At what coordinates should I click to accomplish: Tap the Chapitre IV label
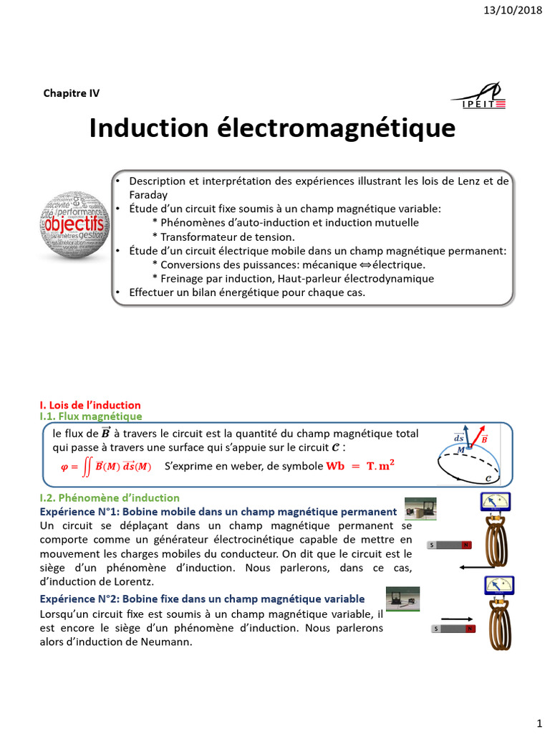point(72,92)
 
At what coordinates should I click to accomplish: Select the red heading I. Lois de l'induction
point(90,405)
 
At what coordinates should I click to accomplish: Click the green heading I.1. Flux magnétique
point(90,416)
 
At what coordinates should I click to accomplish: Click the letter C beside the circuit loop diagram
point(488,478)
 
